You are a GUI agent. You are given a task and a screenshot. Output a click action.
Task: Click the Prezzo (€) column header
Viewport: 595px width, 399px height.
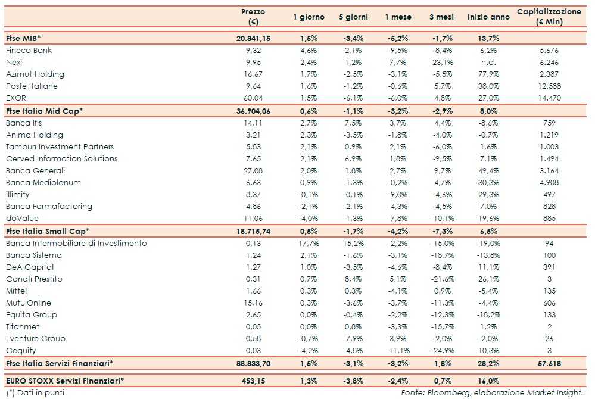tap(253, 17)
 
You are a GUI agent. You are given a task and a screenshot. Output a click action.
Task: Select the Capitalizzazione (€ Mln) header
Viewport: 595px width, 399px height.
tap(549, 17)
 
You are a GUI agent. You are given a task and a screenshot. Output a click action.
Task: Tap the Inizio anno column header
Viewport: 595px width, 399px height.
tap(488, 17)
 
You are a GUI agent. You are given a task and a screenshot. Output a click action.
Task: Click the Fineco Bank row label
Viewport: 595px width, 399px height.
tap(29, 51)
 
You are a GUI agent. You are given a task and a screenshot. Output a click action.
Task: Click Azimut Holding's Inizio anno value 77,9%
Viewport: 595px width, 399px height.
tap(488, 74)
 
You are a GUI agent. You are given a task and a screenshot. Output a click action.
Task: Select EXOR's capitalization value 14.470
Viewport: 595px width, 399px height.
tap(549, 98)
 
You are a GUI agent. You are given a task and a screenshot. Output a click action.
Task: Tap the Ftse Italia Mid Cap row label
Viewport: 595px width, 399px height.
tap(44, 111)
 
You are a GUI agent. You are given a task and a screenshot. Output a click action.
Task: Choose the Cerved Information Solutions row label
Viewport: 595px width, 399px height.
tap(61, 159)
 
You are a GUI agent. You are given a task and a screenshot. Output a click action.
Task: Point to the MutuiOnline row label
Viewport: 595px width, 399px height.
tap(29, 303)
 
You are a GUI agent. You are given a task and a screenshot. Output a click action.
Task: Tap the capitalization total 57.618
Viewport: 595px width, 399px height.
tap(549, 363)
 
